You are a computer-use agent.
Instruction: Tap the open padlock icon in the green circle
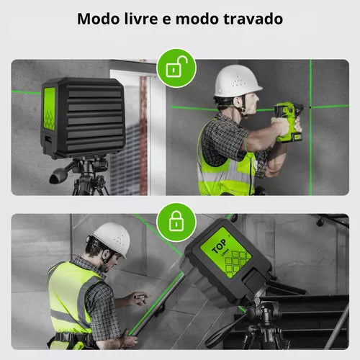[176, 68]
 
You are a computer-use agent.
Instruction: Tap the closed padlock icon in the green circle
[176, 220]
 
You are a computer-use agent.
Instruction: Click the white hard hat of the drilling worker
[237, 81]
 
